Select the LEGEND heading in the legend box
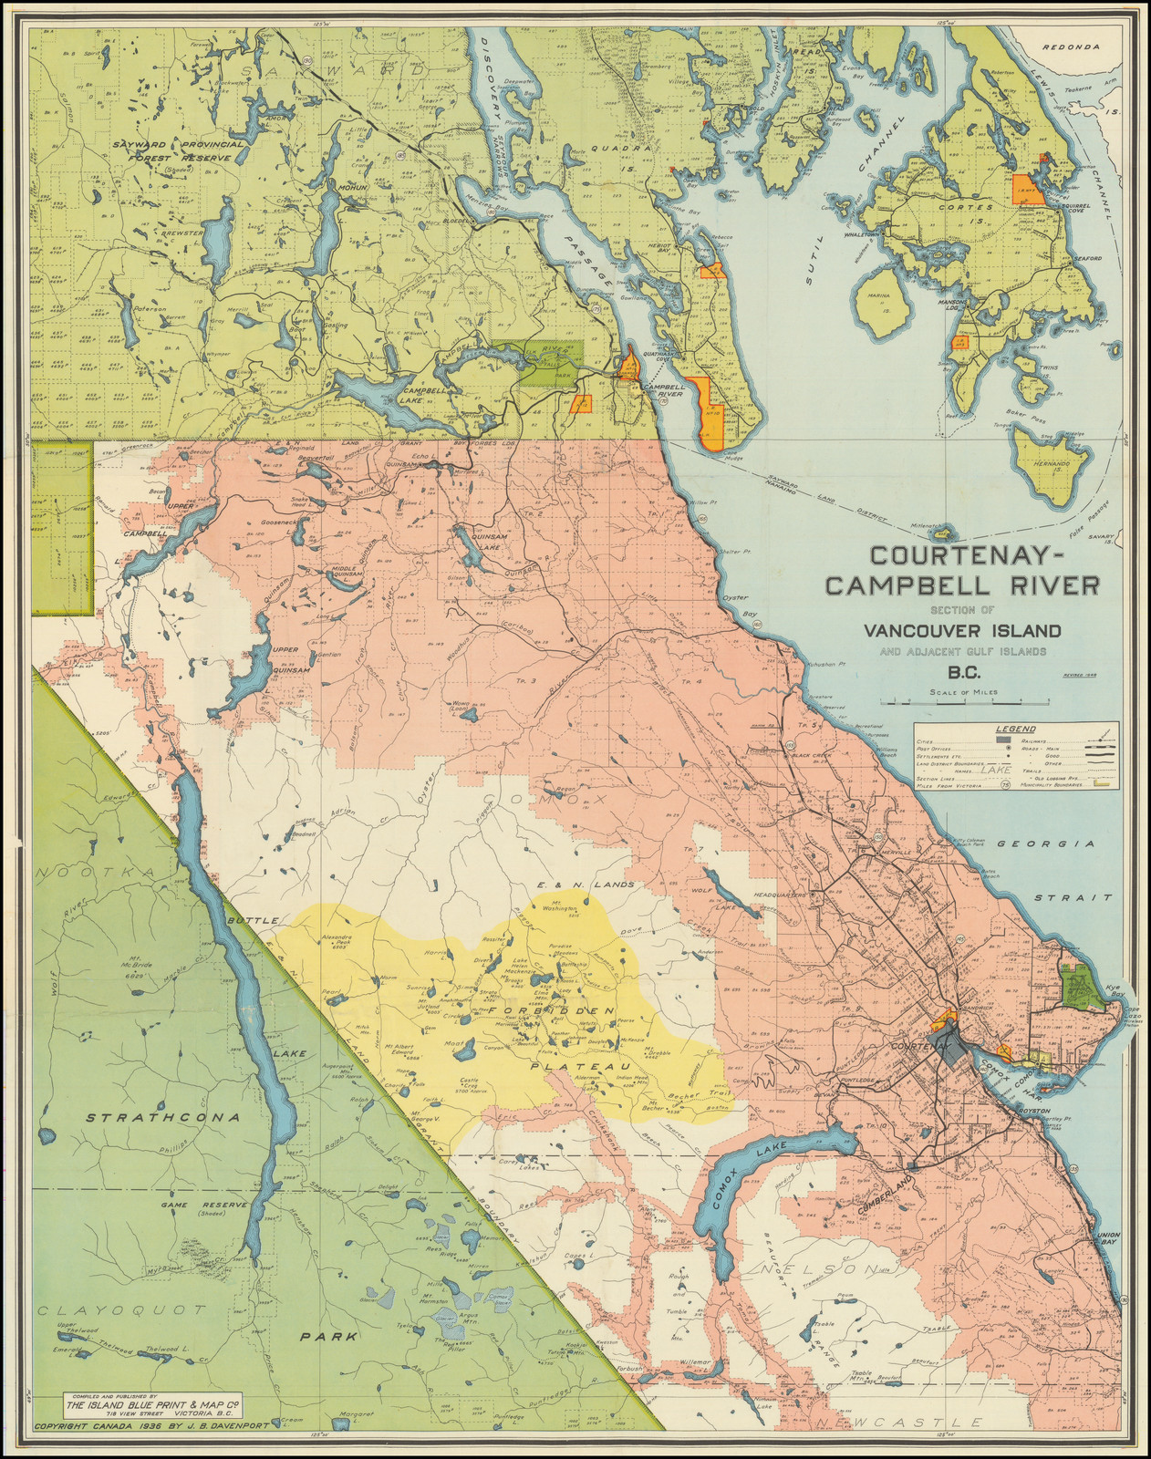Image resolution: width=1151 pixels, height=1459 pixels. tap(1014, 729)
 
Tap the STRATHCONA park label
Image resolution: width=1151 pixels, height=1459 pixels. tap(163, 1117)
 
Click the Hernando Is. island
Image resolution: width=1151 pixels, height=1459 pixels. tap(1049, 468)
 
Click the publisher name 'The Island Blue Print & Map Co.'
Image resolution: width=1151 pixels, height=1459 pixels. tap(151, 1403)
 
